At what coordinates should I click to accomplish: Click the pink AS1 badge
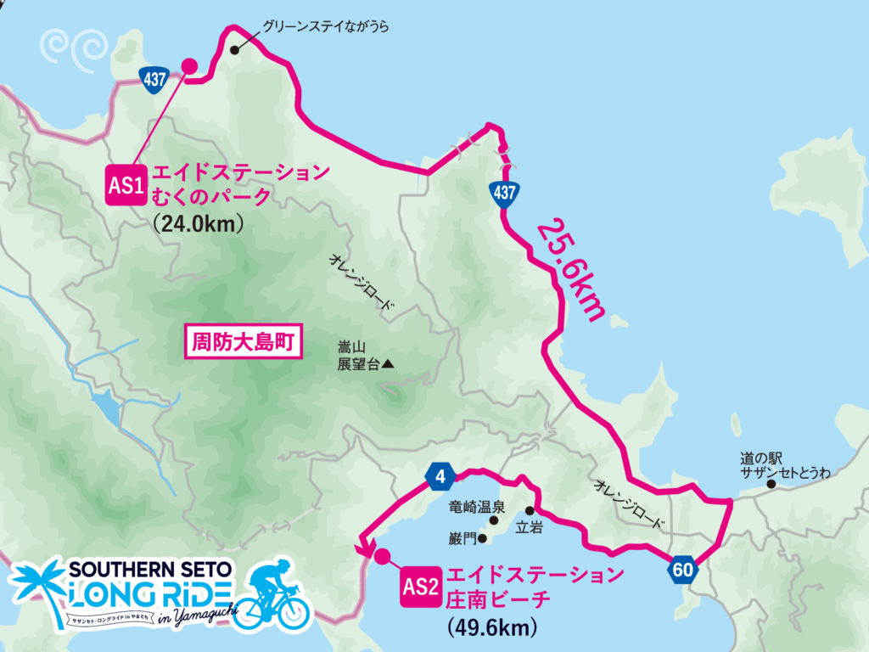pyautogui.click(x=126, y=185)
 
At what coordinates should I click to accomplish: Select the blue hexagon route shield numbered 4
pyautogui.click(x=440, y=476)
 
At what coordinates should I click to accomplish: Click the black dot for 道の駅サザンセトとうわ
pyautogui.click(x=771, y=485)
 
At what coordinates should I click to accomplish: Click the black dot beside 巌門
pyautogui.click(x=482, y=538)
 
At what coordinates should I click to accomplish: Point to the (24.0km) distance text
pyautogui.click(x=199, y=224)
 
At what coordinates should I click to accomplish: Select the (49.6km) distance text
pyautogui.click(x=493, y=627)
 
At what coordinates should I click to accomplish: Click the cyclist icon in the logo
pyautogui.click(x=270, y=593)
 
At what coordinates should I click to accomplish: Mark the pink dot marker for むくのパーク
pyautogui.click(x=190, y=65)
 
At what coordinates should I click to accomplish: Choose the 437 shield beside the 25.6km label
pyautogui.click(x=504, y=193)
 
